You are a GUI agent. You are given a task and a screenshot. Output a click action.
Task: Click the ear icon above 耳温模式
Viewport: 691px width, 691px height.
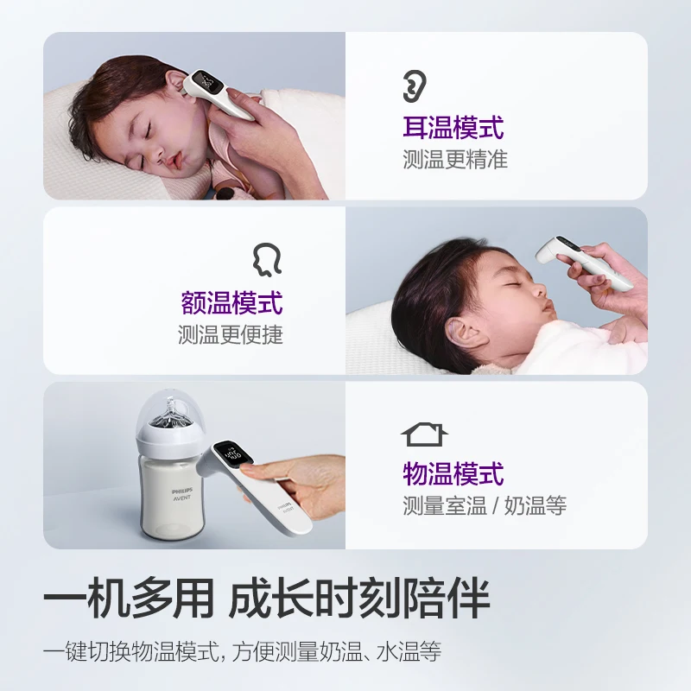(x=415, y=86)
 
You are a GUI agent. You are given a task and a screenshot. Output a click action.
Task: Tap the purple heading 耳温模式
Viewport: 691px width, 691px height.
(x=453, y=127)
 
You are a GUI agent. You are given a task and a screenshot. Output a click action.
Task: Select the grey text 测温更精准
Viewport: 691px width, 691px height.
(x=455, y=160)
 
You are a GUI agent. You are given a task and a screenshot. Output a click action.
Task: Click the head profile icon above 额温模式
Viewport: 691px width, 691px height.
(x=267, y=260)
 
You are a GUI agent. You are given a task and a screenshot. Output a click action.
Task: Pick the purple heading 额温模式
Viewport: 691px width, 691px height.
(x=231, y=303)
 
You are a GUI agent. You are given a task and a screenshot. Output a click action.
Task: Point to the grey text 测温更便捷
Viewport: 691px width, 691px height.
(x=231, y=335)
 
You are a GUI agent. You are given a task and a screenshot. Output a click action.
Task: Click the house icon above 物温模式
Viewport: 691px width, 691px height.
(x=424, y=434)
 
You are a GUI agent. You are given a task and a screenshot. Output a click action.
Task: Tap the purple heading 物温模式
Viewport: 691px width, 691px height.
(x=453, y=473)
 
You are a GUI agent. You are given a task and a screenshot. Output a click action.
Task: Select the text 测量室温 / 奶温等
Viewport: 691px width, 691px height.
(x=485, y=505)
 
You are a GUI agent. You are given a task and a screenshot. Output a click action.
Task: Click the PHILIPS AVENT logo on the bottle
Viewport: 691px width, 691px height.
(x=182, y=494)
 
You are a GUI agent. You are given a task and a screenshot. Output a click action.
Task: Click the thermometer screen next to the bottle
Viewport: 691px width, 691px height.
(x=232, y=455)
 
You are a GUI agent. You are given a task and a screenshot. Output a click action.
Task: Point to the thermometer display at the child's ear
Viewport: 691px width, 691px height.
(x=208, y=82)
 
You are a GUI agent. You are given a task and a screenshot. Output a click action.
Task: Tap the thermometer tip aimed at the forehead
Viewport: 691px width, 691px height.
(x=543, y=254)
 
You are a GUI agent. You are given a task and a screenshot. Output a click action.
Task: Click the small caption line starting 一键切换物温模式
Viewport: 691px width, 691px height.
(x=242, y=651)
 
